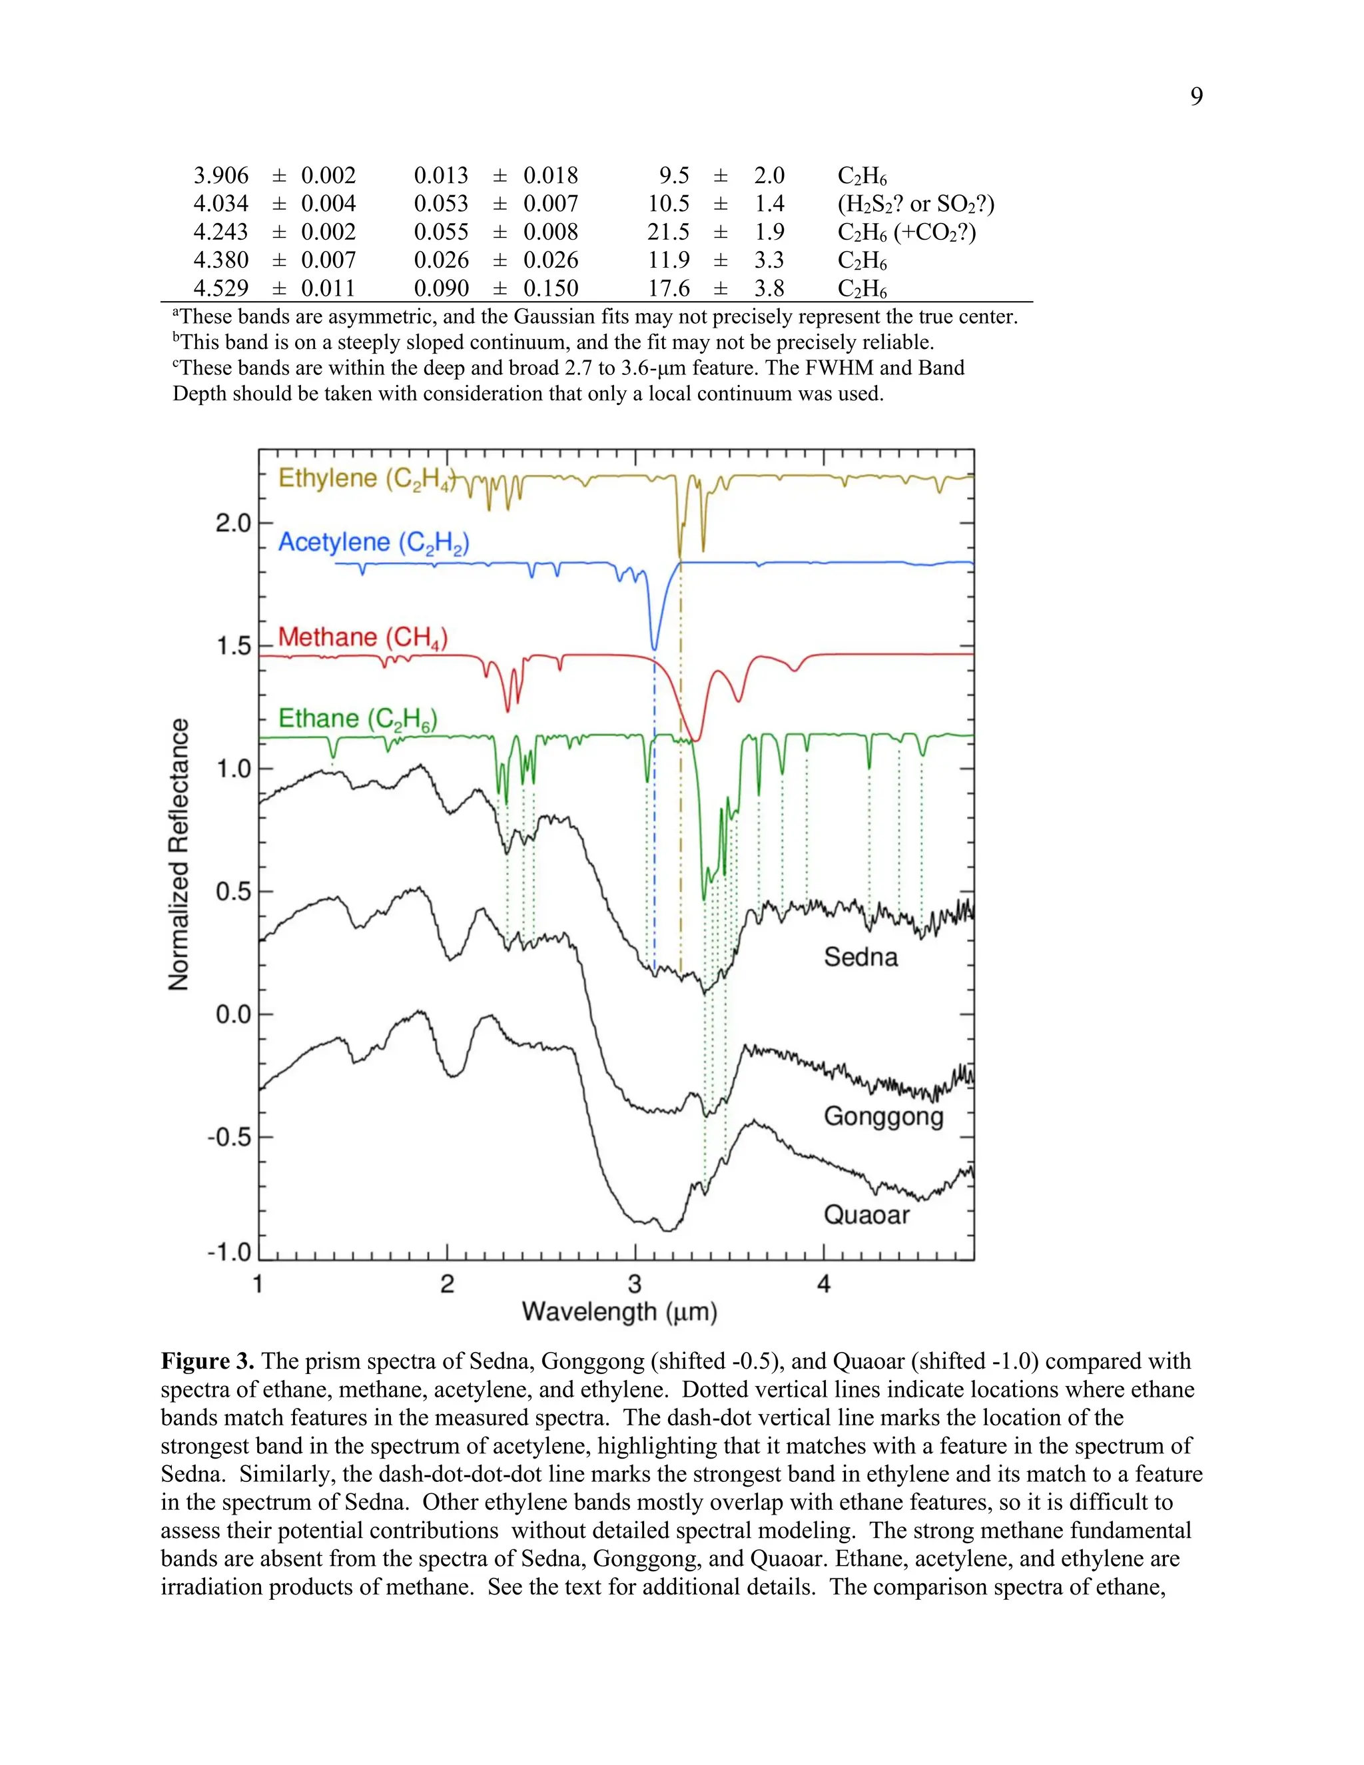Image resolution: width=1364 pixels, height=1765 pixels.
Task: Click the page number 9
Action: tap(1196, 97)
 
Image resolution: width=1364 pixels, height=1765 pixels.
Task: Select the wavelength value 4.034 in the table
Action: tap(220, 204)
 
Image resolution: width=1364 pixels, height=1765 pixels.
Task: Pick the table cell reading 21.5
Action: tap(668, 232)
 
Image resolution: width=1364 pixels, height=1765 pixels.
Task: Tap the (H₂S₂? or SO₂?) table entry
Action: tap(916, 204)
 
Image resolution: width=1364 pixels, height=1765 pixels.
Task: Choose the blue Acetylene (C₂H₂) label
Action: tap(374, 542)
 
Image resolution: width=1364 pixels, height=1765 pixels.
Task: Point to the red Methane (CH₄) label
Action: tap(363, 637)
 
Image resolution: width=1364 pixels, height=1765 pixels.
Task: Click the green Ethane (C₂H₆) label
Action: tap(357, 719)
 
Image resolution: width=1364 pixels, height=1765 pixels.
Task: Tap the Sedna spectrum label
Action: tap(860, 957)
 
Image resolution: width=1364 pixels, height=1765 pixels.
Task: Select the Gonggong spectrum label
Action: tap(883, 1116)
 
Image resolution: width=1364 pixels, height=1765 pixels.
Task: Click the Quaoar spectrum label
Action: tap(866, 1215)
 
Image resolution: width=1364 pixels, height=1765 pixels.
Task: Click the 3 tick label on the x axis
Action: tap(635, 1284)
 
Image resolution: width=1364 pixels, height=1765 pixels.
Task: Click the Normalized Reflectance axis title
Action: tap(178, 855)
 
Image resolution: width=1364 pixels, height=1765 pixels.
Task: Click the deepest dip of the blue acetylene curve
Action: tap(654, 647)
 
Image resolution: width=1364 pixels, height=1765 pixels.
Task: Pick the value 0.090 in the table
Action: tap(441, 288)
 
